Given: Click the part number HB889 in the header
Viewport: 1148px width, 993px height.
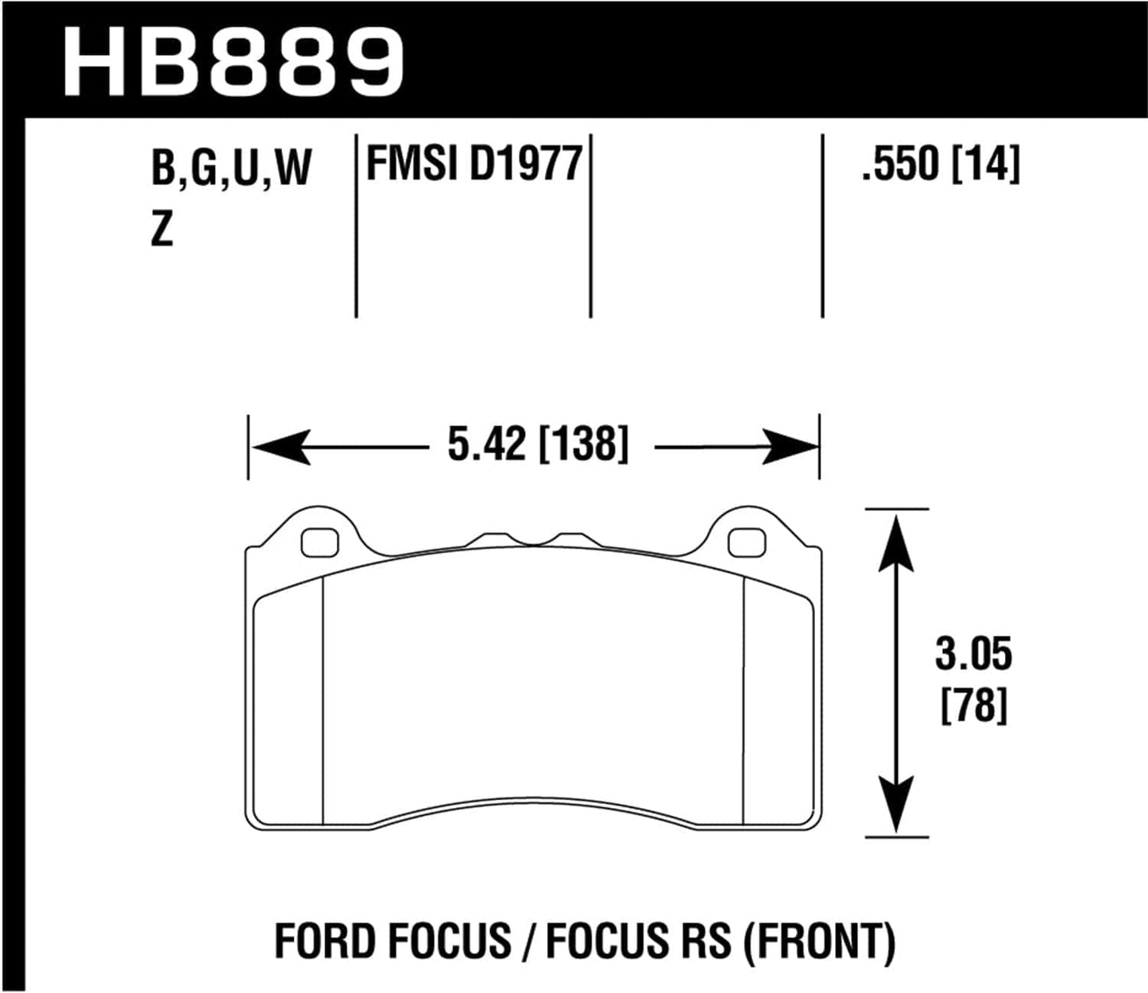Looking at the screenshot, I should click(x=234, y=62).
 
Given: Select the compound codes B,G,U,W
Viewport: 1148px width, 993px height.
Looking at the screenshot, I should click(x=231, y=168).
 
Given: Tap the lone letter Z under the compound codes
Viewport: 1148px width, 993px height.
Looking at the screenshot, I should click(x=161, y=231).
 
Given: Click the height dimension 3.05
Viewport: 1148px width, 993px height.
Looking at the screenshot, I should click(x=973, y=655).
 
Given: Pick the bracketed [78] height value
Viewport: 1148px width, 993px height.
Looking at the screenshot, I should click(x=974, y=705).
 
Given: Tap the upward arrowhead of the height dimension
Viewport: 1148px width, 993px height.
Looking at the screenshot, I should click(x=896, y=540).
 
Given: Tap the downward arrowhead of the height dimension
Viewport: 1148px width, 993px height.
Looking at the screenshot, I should click(x=896, y=806).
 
